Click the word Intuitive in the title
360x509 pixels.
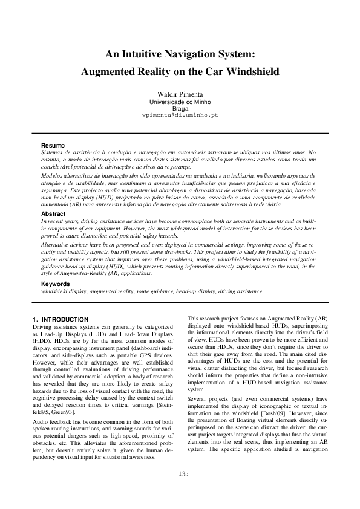tap(149, 54)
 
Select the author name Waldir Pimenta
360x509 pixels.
tap(180, 95)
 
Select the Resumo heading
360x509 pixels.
tap(53, 145)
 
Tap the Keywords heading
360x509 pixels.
tap(55, 284)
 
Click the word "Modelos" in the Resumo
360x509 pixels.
tap(52, 174)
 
